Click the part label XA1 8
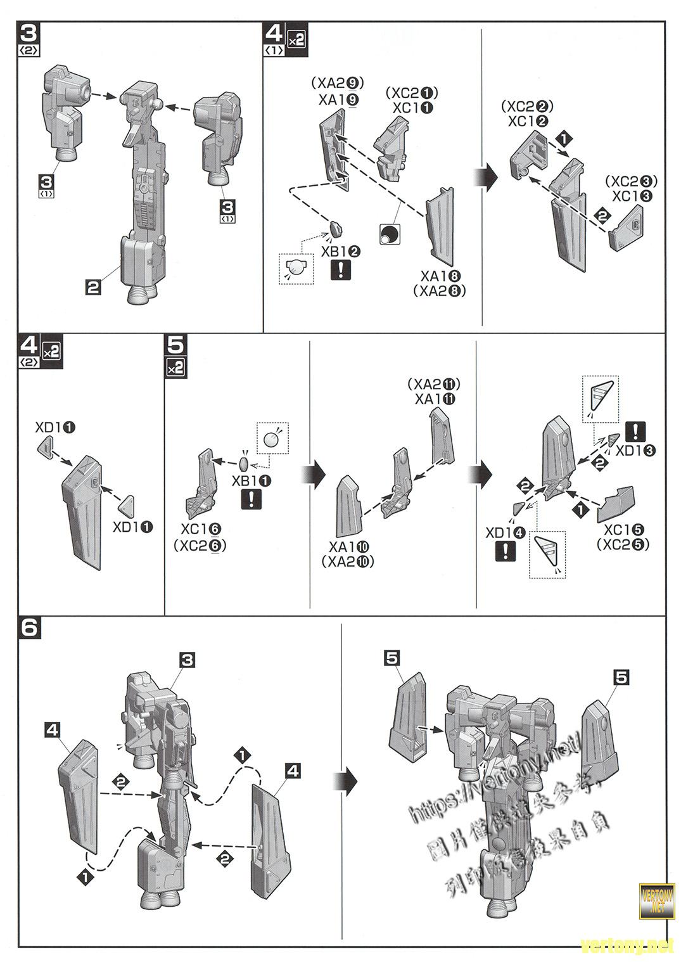tap(440, 276)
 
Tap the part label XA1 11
tap(435, 399)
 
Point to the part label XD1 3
tap(635, 451)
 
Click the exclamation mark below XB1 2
tap(341, 271)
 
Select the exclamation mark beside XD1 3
tap(635, 432)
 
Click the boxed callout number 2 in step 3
tap(93, 288)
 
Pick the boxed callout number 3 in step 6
tap(187, 660)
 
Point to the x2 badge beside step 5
tap(175, 368)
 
